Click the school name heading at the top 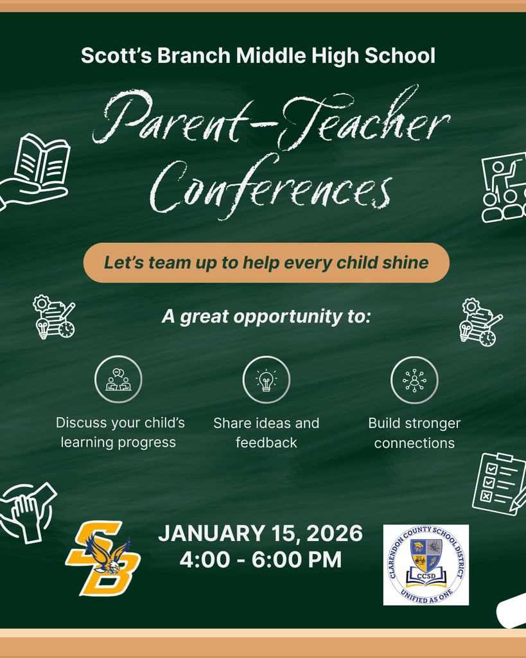click(258, 56)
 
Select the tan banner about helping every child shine click(266, 263)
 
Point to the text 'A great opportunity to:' click(266, 317)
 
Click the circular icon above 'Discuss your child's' click(118, 380)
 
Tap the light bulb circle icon click(266, 380)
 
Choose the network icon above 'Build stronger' click(414, 380)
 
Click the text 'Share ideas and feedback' click(266, 432)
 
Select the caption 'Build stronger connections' click(414, 432)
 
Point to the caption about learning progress click(119, 432)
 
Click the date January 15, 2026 click(260, 533)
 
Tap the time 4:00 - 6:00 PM click(260, 560)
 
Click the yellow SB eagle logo click(103, 558)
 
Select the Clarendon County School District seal click(426, 565)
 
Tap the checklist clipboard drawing click(498, 483)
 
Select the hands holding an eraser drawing click(27, 511)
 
